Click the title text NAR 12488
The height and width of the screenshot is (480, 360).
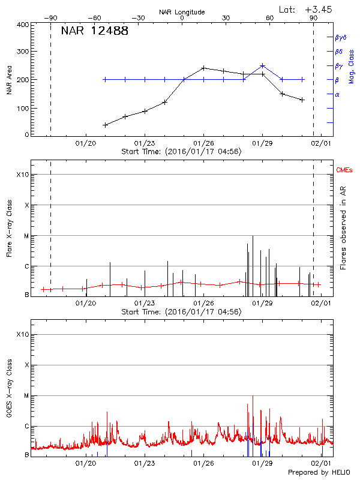click(x=94, y=31)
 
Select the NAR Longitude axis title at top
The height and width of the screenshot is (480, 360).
click(x=182, y=11)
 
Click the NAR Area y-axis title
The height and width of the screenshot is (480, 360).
click(x=9, y=80)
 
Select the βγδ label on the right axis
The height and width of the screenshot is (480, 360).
click(x=341, y=37)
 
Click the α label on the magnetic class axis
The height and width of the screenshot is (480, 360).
click(x=337, y=94)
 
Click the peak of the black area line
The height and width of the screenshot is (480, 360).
click(x=203, y=68)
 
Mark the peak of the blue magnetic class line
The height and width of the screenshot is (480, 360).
click(x=262, y=65)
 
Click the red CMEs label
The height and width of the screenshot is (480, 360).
click(x=345, y=171)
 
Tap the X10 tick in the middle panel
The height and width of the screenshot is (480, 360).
click(x=22, y=175)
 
